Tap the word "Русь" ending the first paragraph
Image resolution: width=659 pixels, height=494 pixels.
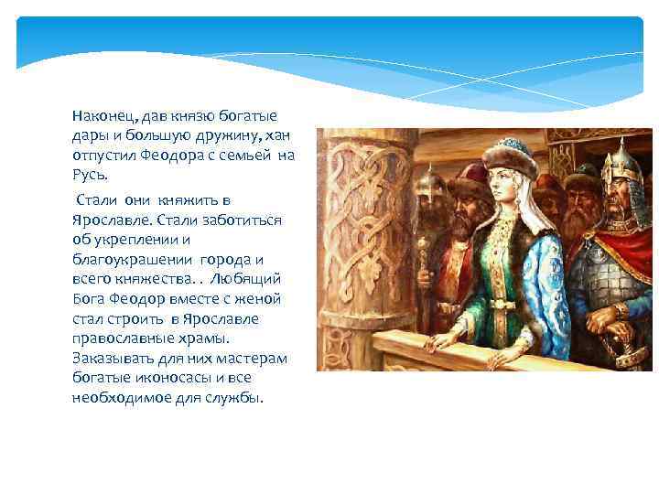coord(90,174)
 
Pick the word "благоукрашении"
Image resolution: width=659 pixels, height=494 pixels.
coord(123,259)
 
